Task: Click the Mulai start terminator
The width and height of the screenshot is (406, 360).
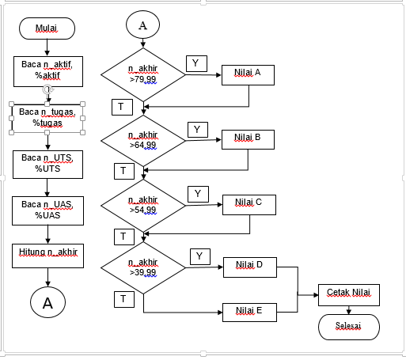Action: pos(47,28)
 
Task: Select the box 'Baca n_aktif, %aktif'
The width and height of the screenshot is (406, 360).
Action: pos(48,71)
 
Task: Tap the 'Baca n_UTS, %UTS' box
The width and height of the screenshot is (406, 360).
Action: pos(47,165)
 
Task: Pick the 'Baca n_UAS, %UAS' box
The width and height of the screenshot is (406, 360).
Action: pos(47,210)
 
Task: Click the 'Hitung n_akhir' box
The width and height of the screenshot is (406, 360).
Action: pos(47,256)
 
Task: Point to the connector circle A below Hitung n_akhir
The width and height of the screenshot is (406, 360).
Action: pos(47,302)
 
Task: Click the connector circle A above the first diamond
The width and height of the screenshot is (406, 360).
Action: pos(142,25)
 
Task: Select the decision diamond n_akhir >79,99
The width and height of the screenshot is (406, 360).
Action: pos(143,74)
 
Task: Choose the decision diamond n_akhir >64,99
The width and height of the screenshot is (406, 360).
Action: pos(143,141)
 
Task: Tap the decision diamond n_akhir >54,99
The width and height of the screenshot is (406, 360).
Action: pos(143,206)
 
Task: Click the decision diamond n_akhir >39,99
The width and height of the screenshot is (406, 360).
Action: pos(143,268)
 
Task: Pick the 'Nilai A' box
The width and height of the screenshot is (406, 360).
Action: pos(248,75)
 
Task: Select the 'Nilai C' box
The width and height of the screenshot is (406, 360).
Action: pos(249,205)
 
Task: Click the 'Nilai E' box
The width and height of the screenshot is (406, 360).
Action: pos(249,313)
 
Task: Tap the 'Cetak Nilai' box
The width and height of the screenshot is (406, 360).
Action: pos(349,295)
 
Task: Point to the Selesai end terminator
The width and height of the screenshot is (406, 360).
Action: pos(349,327)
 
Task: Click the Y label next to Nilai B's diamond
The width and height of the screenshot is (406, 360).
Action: pos(198,130)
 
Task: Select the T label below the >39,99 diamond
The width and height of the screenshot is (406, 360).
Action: pos(124,299)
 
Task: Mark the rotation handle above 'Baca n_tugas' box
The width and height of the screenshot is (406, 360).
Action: pos(47,89)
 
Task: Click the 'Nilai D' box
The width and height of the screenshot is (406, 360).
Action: pos(250,267)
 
